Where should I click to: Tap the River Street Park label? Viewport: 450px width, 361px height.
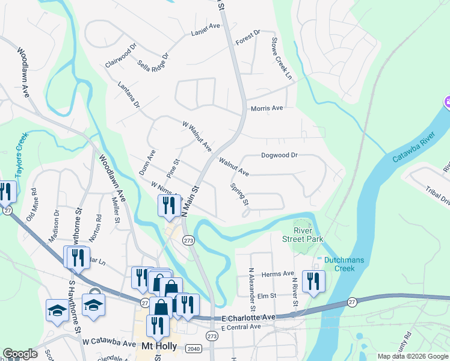302,235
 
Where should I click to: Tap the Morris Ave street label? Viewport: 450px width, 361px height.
267,108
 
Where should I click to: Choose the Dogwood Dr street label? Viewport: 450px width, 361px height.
279,155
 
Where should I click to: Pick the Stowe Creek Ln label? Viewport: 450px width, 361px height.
281,59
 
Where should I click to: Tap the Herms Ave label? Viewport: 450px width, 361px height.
277,274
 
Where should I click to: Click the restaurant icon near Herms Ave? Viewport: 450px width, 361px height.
313,281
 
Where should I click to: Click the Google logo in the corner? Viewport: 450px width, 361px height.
20,354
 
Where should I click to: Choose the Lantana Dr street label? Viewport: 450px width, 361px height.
129,96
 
